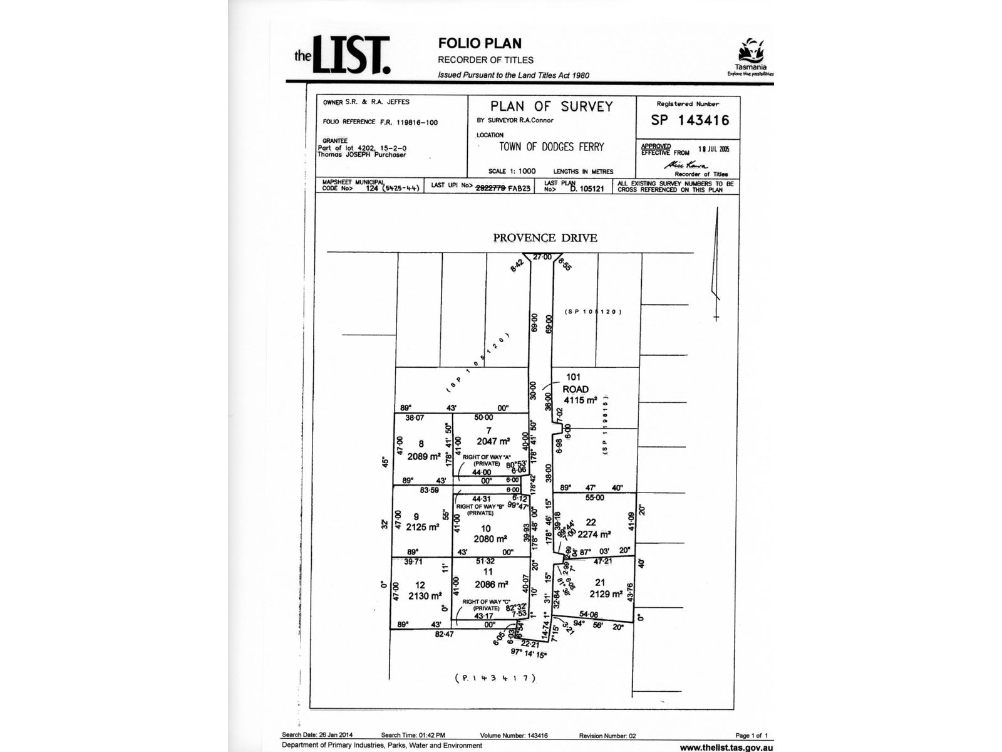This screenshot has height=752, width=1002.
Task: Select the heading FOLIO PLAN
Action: [x=480, y=43]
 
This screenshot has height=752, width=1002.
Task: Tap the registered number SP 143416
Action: [x=690, y=120]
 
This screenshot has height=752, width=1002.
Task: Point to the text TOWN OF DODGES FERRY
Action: [x=551, y=147]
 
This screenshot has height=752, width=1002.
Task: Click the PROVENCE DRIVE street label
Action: [x=545, y=238]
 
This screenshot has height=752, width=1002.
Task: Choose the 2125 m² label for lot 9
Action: [x=423, y=527]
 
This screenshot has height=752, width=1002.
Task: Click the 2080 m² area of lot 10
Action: [x=490, y=539]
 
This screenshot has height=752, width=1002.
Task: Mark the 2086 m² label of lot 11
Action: [x=492, y=584]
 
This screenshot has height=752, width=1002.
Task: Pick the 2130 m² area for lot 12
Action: [x=425, y=596]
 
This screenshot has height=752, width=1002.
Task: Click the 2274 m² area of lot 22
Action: [x=594, y=535]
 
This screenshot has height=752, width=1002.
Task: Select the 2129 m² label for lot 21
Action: [x=606, y=594]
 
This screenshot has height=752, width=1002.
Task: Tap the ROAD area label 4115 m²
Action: [x=580, y=400]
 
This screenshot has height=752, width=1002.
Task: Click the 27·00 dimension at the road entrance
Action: [x=542, y=257]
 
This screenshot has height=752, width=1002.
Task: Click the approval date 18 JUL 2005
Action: [x=714, y=149]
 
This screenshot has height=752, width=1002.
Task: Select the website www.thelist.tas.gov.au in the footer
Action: [x=726, y=747]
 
